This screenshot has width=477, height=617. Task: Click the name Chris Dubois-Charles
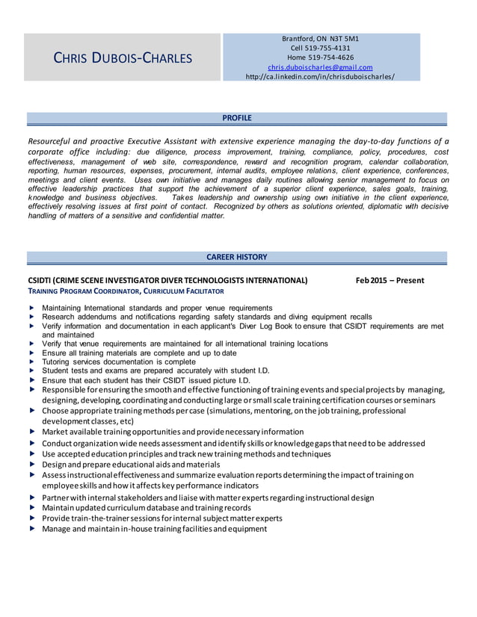[123, 58]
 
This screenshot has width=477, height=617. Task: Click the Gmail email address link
[320, 67]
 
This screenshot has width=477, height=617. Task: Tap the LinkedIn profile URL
[320, 77]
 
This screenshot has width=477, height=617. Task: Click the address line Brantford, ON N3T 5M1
[320, 38]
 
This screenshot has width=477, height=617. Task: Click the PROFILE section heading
[237, 118]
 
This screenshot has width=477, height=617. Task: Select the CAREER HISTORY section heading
[236, 257]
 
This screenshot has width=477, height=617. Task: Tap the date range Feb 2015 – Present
[390, 281]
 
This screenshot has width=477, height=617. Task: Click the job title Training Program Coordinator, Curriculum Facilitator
[125, 291]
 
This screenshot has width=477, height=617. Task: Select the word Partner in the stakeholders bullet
[58, 497]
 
